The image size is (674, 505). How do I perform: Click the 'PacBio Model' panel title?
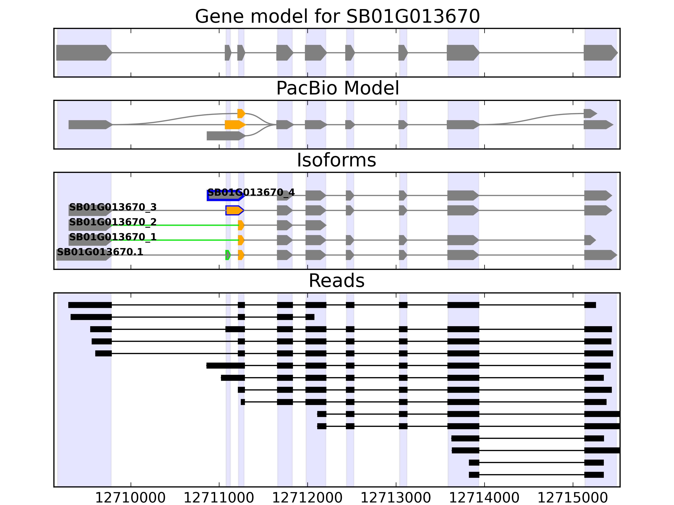[337, 88]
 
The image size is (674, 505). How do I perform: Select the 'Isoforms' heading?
[336, 160]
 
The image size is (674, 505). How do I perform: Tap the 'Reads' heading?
[336, 281]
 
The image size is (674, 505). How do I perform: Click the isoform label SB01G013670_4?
[251, 192]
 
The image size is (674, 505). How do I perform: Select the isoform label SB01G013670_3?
[113, 207]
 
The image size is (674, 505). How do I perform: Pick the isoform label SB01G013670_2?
[113, 222]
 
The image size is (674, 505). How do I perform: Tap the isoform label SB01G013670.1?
[100, 252]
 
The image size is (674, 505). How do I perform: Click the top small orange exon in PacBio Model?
[241, 114]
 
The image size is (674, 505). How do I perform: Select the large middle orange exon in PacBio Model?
[235, 125]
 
